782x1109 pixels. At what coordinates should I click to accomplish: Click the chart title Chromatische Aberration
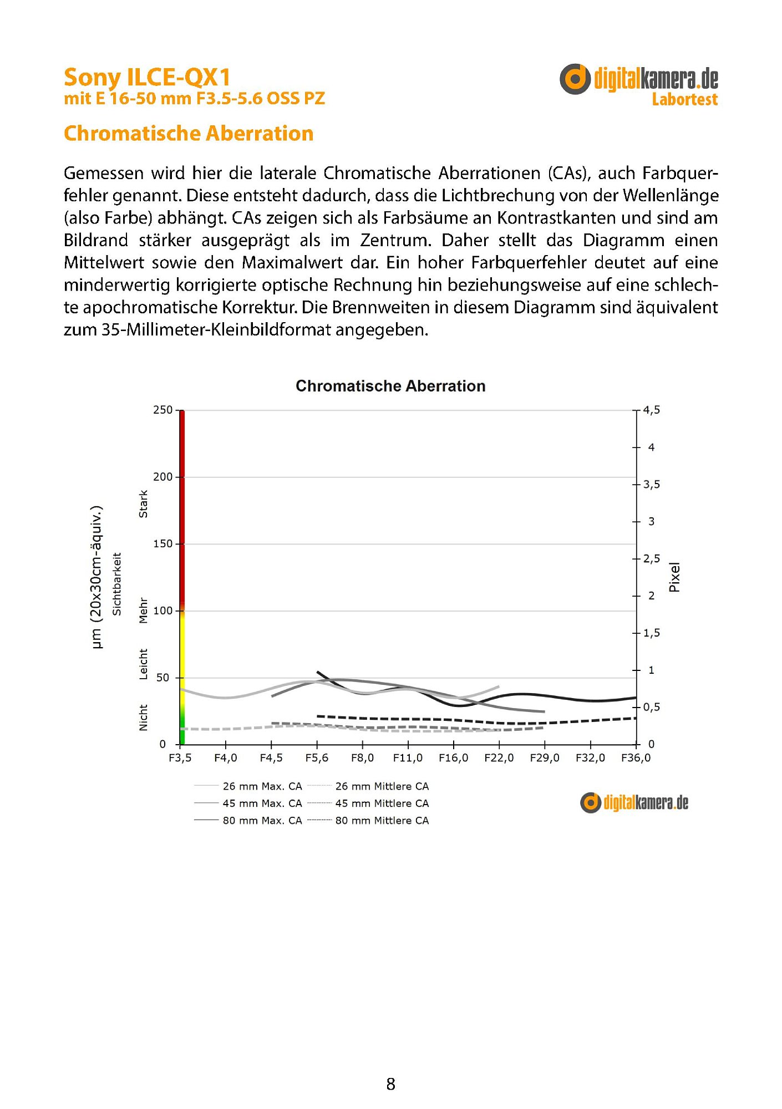coord(390,386)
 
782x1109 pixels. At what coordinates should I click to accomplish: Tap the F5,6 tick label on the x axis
coord(317,758)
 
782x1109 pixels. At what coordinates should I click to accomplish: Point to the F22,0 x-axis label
coord(499,758)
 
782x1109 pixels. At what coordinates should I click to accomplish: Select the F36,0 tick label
coord(636,758)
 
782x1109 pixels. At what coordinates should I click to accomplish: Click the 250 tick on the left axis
coord(163,410)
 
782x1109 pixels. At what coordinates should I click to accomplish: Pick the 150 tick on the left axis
coord(163,544)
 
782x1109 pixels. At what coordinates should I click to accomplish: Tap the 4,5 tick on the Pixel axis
coord(651,410)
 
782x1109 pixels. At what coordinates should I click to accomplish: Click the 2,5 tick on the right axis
coord(651,558)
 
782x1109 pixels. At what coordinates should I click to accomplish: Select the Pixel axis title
coord(674,577)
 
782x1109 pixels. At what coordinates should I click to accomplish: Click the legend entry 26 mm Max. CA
coord(262,786)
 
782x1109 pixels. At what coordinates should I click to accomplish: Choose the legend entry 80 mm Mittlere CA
coord(382,821)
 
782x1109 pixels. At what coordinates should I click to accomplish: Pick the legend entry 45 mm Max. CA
coord(262,803)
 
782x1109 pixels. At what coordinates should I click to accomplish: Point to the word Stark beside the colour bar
coord(144,504)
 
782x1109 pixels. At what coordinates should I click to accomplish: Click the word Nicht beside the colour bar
coord(144,718)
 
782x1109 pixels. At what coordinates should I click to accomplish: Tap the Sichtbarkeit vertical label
coord(117,584)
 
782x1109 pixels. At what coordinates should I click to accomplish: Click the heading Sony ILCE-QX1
coord(147,77)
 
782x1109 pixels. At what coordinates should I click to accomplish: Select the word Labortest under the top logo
coord(684,100)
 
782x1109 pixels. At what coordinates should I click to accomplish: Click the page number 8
coord(391,1084)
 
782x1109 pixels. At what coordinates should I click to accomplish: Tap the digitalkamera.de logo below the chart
coord(634,803)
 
